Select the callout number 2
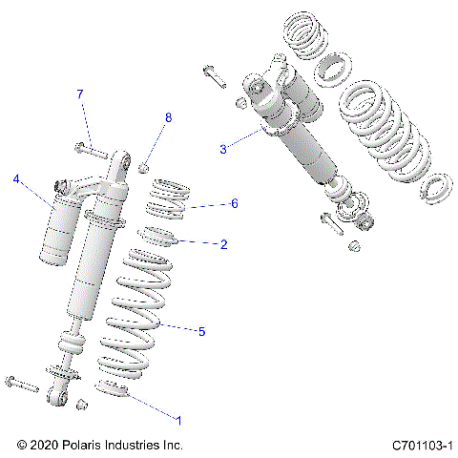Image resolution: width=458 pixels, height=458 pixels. click(224, 244)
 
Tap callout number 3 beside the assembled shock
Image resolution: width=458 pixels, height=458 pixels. click(223, 149)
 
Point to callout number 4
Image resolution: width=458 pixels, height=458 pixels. click(16, 178)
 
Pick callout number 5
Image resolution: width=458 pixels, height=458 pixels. click(201, 331)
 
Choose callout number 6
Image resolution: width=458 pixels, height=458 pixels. click(234, 203)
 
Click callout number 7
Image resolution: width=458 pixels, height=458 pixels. click(80, 94)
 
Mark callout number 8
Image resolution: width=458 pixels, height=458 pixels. click(168, 117)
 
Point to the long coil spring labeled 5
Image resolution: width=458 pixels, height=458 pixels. click(134, 315)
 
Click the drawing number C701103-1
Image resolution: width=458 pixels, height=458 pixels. click(421, 445)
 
